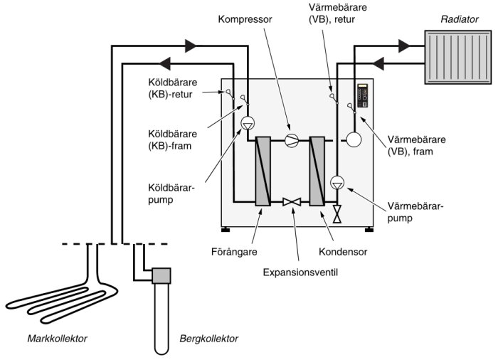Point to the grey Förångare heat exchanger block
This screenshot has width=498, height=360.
point(263,171)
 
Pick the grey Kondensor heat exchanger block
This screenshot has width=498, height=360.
point(317,171)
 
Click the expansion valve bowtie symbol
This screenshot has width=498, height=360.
point(291,203)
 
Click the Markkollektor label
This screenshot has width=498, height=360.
point(56,338)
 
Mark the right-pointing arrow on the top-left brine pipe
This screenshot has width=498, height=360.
point(191,46)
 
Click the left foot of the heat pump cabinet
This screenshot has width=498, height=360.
point(226,229)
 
